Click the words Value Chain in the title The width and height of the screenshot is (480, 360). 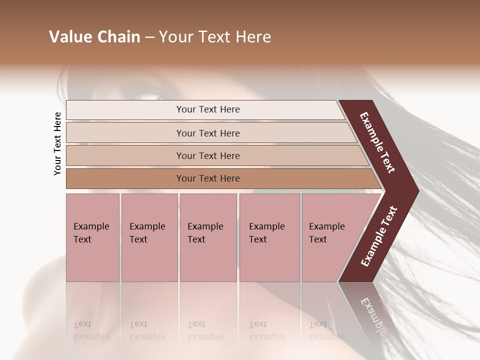94,37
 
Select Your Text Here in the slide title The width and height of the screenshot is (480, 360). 215,37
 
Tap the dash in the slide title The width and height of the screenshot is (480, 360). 149,37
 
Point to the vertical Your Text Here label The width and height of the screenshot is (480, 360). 57,143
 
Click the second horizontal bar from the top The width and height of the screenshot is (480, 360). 208,133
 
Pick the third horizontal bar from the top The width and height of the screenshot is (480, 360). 208,155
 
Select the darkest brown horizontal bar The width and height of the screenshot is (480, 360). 208,178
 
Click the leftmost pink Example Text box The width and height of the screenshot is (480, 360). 92,237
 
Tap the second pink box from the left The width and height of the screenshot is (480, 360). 149,237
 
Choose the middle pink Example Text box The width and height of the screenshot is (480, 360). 208,237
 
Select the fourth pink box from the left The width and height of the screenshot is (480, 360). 269,237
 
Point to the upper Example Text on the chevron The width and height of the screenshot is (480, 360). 378,142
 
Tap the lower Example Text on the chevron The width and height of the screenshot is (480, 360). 378,236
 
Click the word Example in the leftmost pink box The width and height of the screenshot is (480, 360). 91,226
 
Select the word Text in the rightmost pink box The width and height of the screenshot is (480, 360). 317,239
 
